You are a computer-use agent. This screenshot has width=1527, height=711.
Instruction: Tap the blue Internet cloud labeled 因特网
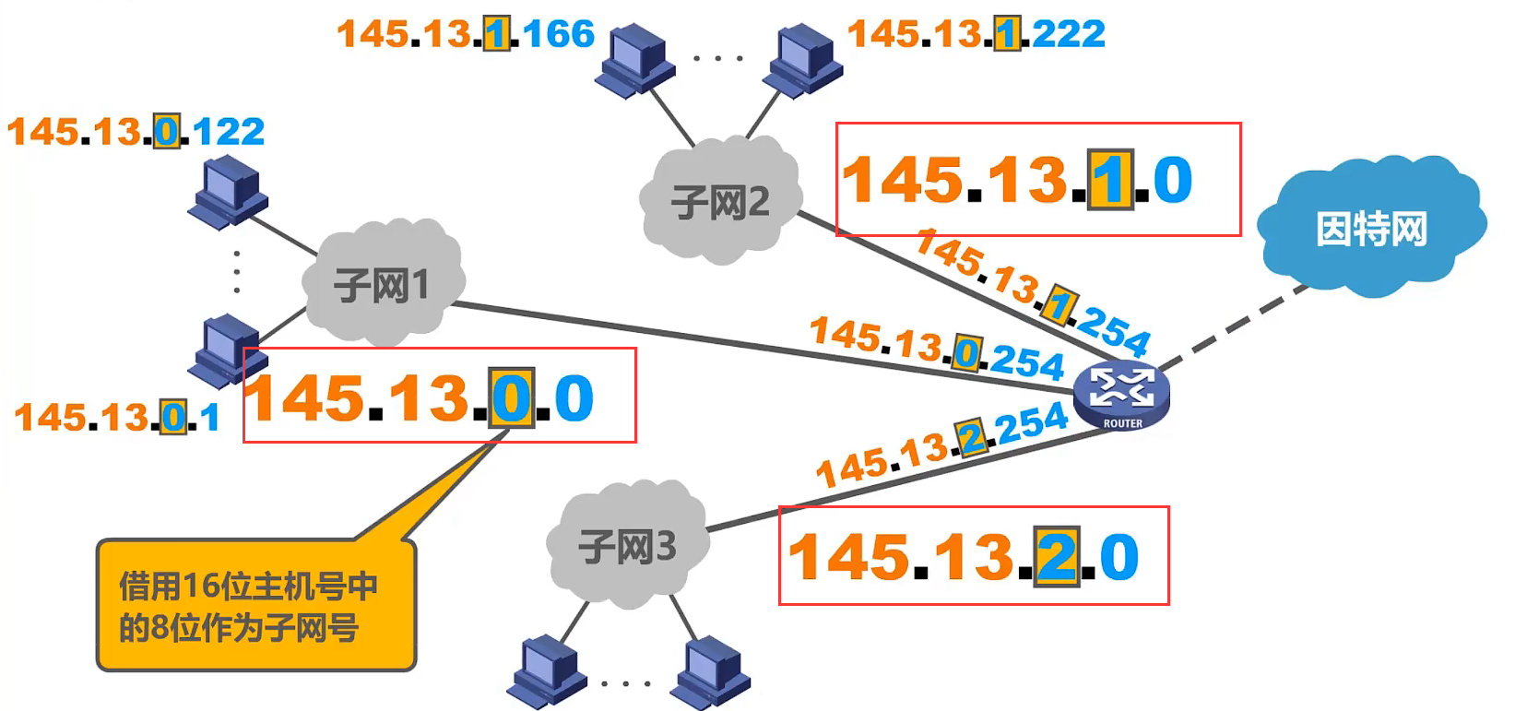click(x=1370, y=229)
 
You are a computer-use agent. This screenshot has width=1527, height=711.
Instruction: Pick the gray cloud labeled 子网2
click(x=720, y=201)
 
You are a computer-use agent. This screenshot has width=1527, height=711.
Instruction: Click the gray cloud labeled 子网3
click(x=627, y=547)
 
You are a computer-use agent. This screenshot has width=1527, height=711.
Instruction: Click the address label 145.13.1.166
click(x=466, y=35)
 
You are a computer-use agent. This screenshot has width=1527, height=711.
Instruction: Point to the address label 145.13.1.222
click(x=976, y=35)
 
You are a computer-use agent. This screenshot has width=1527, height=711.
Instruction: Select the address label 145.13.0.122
click(x=136, y=132)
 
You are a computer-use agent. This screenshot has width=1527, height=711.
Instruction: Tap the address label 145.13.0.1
click(x=117, y=418)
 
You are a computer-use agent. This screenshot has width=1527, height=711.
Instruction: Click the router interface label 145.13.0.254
click(x=937, y=349)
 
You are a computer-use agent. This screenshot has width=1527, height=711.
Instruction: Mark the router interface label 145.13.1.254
click(x=1033, y=291)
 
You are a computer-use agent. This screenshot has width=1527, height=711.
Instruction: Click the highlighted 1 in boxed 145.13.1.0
click(x=1110, y=181)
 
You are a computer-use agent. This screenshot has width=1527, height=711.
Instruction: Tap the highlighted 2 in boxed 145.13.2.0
click(x=1057, y=557)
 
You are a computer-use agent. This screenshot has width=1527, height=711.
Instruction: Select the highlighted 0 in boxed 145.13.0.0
click(x=511, y=398)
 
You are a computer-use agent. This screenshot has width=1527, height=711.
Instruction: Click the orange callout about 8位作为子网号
click(x=255, y=607)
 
